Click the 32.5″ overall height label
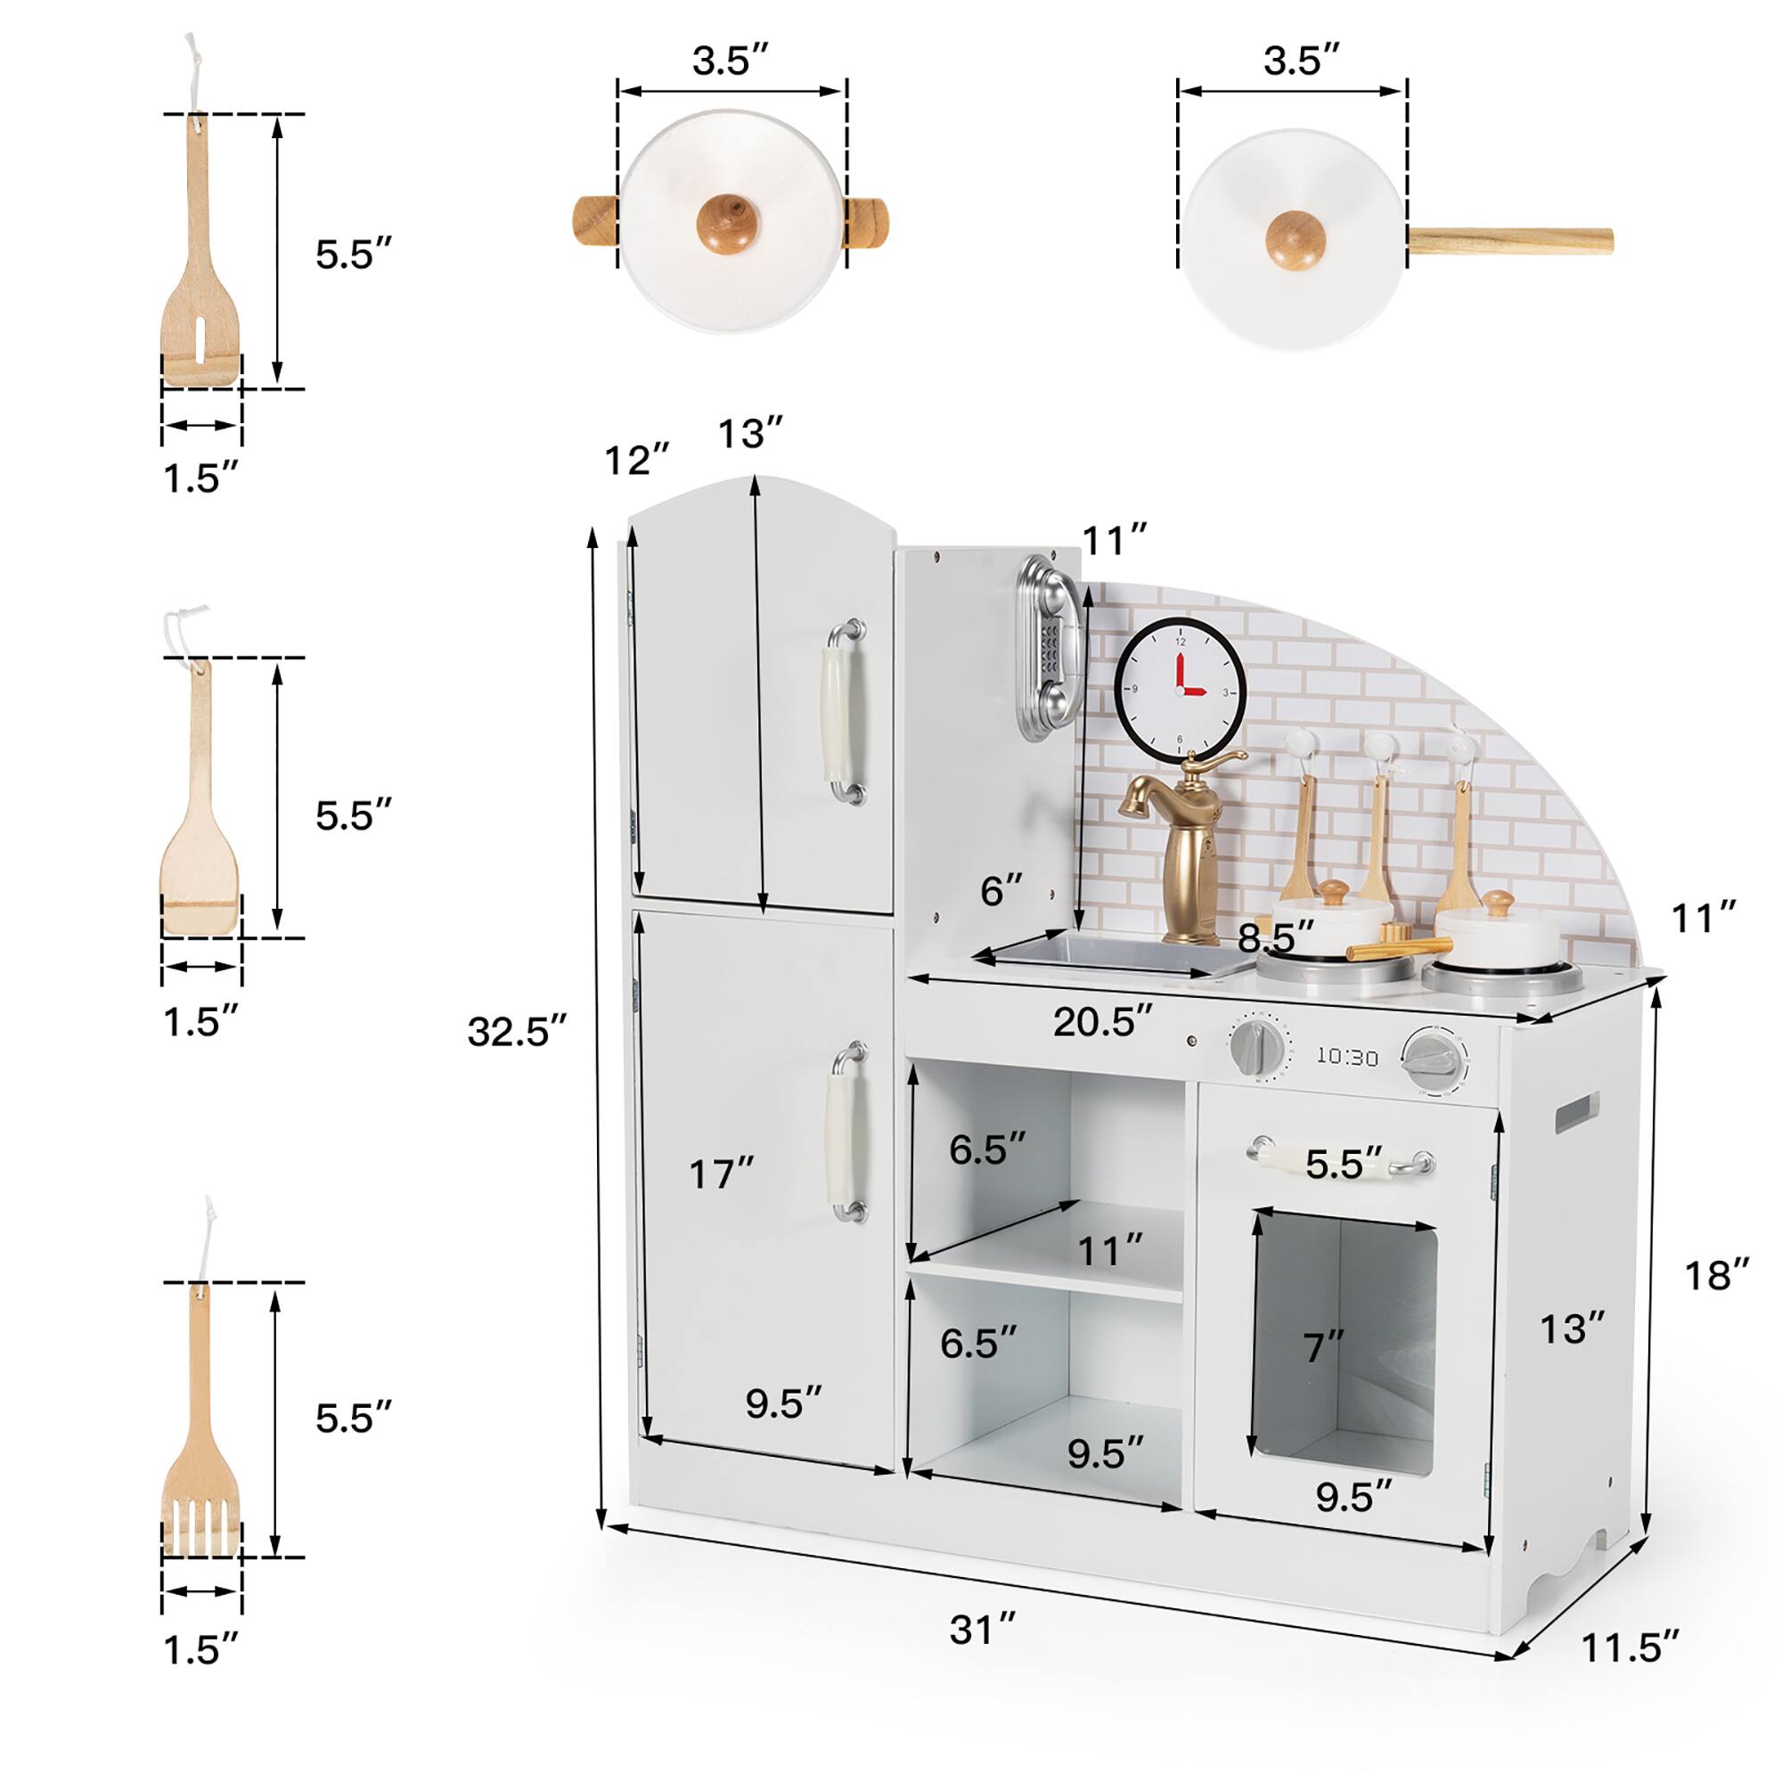click(x=517, y=1030)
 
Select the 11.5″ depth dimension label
click(x=1631, y=1672)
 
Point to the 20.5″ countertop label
click(x=1103, y=1021)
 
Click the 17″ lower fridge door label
click(x=722, y=1174)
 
